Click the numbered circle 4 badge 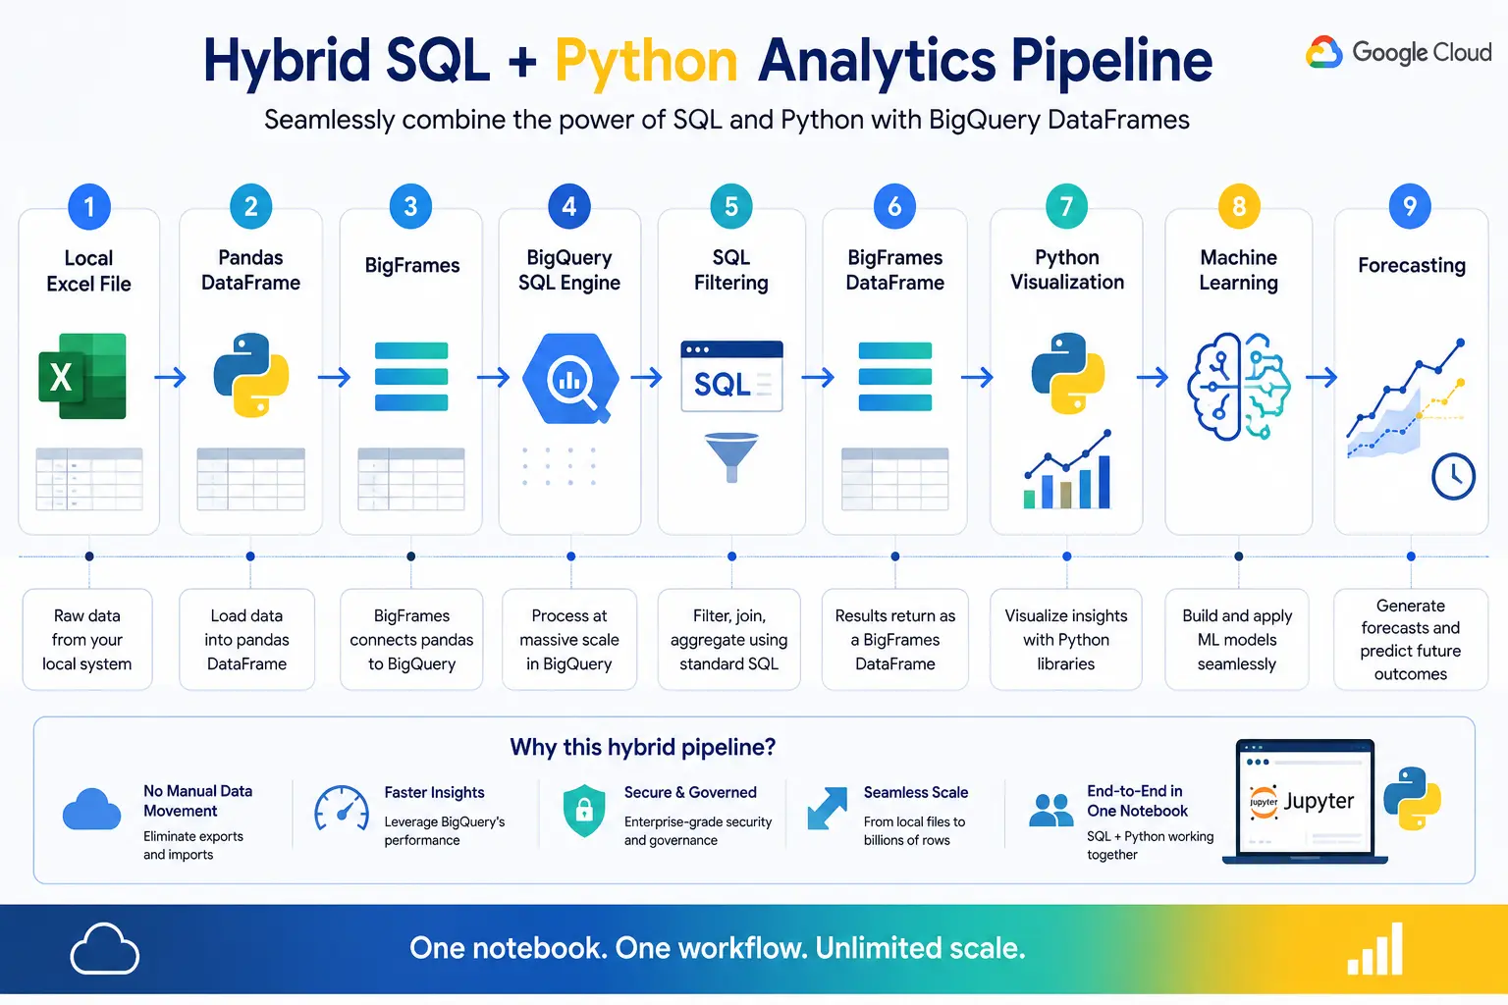point(568,206)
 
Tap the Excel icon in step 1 point(82,376)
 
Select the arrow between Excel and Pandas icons point(170,377)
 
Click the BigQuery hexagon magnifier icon point(569,378)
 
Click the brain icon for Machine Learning point(1239,386)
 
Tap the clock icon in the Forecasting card point(1453,477)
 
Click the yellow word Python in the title point(646,62)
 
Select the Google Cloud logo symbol point(1323,52)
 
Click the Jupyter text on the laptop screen point(1319,800)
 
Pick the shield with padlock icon point(584,811)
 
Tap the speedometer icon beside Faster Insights point(342,808)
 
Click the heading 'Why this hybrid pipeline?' point(643,747)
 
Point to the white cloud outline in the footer point(104,948)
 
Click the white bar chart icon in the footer point(1374,949)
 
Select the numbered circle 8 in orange point(1239,206)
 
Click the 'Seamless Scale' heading point(916,792)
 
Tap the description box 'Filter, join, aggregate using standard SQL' point(729,640)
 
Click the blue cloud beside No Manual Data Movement point(91,809)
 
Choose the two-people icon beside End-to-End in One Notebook point(1050,810)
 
